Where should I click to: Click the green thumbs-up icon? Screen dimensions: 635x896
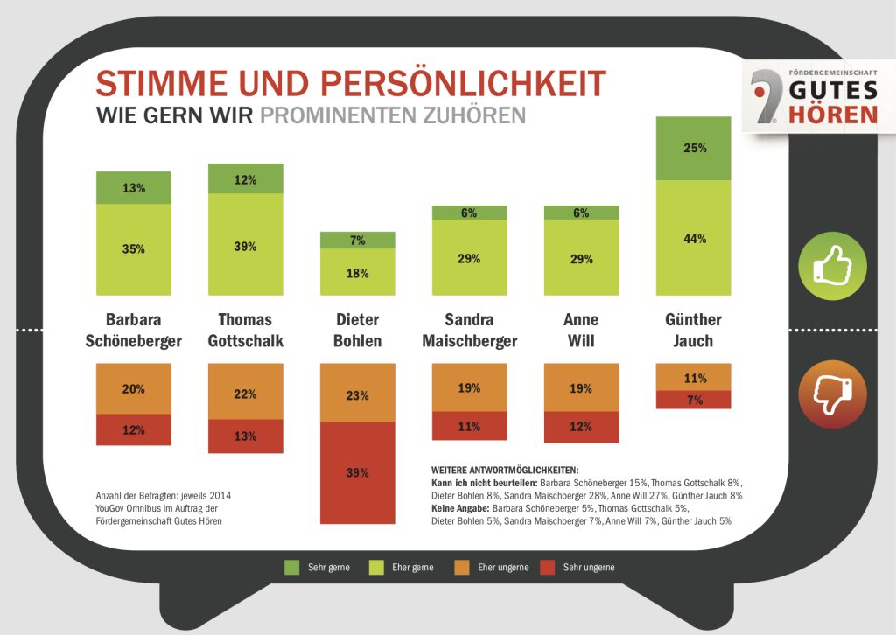coord(831,265)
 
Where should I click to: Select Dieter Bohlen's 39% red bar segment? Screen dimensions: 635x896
coord(357,473)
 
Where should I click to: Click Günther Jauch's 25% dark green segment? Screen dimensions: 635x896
coord(694,148)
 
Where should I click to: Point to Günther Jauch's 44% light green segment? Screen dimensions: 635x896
coord(694,238)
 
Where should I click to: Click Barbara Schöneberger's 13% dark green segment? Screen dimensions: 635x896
coord(134,187)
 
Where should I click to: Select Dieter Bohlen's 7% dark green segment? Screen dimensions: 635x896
coord(357,240)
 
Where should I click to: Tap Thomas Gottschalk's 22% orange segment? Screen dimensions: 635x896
coord(246,394)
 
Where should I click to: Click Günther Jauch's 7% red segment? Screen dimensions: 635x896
coord(694,400)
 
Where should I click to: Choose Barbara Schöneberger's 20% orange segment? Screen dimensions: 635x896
coord(134,388)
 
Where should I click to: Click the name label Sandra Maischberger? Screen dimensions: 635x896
coord(470,330)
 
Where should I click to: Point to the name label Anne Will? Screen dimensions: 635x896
coord(581,330)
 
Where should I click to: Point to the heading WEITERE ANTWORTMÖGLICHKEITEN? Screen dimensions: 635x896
coord(505,469)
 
